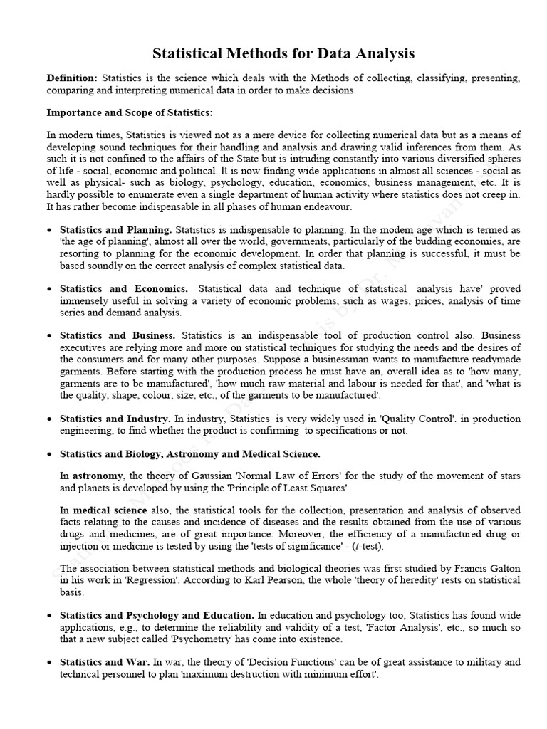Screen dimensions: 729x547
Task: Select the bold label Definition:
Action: (x=72, y=78)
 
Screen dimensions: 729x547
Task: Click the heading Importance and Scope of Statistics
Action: (x=129, y=112)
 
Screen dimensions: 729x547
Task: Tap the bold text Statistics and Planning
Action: (x=115, y=230)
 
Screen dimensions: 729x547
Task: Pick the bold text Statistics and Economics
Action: (x=124, y=288)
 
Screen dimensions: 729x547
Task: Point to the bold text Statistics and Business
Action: (x=118, y=335)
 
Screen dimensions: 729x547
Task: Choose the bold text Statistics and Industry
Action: (x=115, y=419)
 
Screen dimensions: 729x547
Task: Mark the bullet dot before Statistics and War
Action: (x=49, y=663)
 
